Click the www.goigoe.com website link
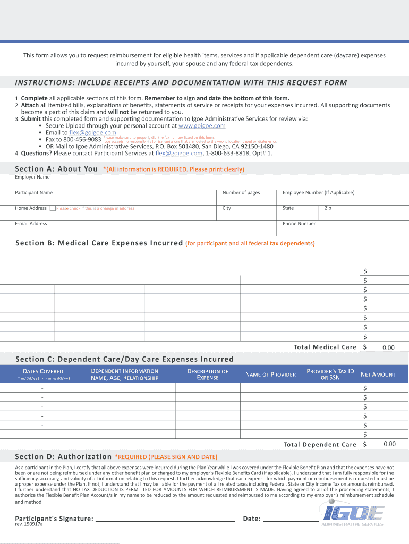pos(202,126)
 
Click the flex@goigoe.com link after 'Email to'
pos(93,133)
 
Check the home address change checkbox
pos(53,208)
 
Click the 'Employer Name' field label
pos(32,177)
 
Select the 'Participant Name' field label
pos(33,193)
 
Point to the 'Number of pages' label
pos(241,193)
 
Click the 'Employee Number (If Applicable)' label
pos(318,193)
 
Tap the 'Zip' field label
pos(328,208)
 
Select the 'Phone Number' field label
pos(299,224)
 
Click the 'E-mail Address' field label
pos(31,224)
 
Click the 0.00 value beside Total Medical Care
pos(388,347)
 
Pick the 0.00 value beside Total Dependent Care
pos(389,444)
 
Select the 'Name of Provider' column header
pos(270,375)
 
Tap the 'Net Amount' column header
pos(378,375)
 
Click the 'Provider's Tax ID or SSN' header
pos(330,374)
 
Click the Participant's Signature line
pos(165,518)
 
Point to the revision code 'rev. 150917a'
pos(29,524)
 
